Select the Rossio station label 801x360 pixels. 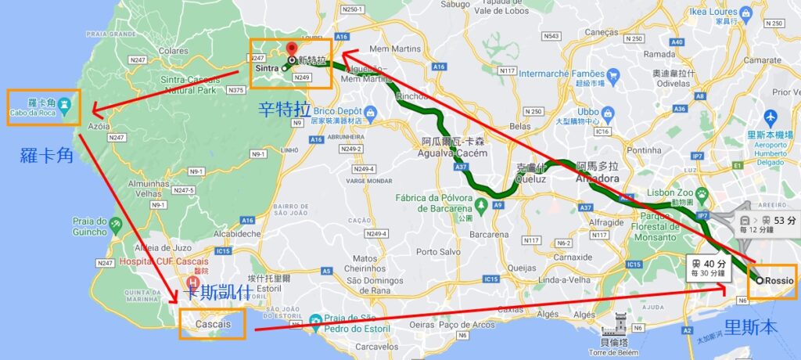(x=778, y=280)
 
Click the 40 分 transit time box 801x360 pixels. (x=708, y=268)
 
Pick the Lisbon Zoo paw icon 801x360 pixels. (x=702, y=193)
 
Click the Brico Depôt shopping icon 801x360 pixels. (x=369, y=115)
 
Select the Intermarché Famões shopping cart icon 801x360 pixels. (x=612, y=76)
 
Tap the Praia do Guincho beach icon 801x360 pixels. (x=117, y=225)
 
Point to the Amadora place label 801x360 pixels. (x=597, y=178)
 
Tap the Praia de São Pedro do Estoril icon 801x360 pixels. (x=314, y=319)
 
